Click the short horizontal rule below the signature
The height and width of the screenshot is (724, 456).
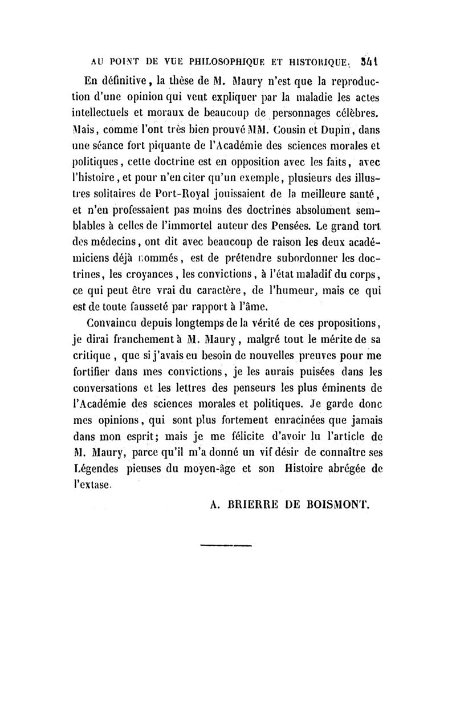point(227,547)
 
